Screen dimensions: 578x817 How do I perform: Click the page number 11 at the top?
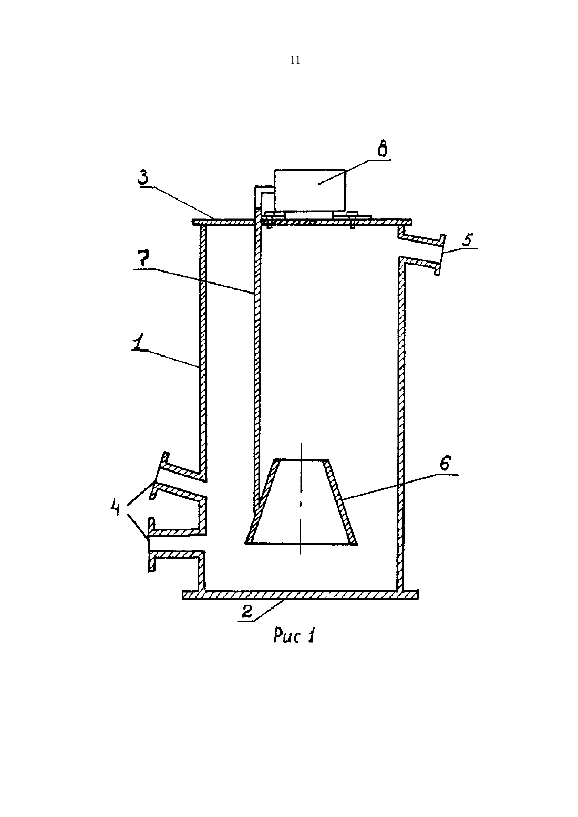point(295,60)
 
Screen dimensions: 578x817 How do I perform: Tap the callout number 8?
point(382,150)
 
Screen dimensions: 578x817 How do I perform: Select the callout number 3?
point(143,179)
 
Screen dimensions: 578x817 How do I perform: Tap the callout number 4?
point(115,508)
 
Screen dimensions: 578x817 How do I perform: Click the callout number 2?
point(247,611)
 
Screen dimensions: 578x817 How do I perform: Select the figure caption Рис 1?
point(294,636)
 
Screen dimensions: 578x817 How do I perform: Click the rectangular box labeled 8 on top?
point(310,190)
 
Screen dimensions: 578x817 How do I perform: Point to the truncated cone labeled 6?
point(302,502)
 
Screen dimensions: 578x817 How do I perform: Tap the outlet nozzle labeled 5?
point(422,252)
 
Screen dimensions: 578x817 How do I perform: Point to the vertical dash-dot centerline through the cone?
point(301,499)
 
